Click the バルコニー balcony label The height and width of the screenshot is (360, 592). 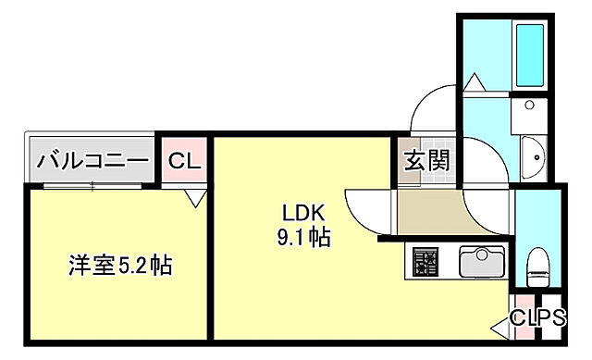[x=92, y=161]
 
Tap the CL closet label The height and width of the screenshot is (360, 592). [x=183, y=161]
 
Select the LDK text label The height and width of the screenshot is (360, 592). [x=302, y=212]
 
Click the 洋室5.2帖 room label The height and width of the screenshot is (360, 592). [x=119, y=266]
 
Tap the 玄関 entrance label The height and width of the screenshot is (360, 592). [x=426, y=160]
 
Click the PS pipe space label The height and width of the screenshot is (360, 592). [x=552, y=317]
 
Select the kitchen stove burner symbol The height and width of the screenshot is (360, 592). [x=425, y=263]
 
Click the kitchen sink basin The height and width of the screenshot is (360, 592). [x=480, y=262]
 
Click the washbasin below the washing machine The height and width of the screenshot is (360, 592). [x=534, y=159]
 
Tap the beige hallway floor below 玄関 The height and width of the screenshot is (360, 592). [x=427, y=214]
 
